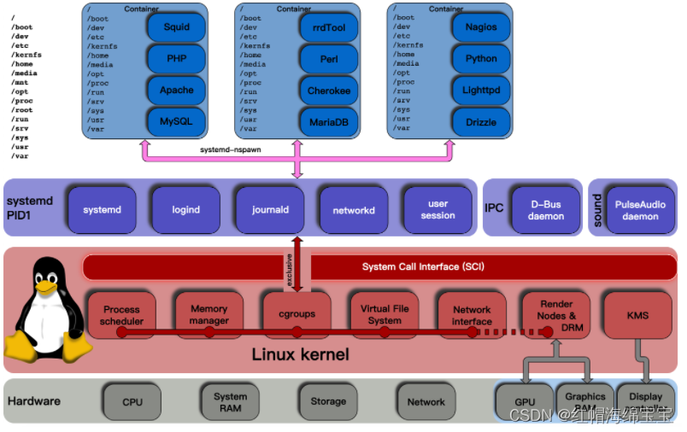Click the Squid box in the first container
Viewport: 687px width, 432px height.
point(177,27)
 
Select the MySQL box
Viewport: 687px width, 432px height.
point(177,122)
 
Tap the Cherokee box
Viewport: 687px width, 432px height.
point(329,90)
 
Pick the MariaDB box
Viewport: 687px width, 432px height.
point(329,122)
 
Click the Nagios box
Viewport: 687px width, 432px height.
point(481,27)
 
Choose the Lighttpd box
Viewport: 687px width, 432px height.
point(481,90)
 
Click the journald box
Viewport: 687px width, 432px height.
point(270,209)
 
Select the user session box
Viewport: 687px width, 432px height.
point(437,209)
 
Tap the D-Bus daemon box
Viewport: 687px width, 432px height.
point(547,209)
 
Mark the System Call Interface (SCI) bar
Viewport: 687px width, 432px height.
point(423,266)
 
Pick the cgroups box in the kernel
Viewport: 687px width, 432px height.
point(297,313)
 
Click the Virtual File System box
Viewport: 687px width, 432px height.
point(385,313)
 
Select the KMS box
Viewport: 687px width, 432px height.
point(637,315)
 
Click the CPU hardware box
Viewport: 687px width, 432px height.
point(132,401)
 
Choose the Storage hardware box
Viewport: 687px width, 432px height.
point(328,401)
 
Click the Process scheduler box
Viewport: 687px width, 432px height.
point(121,315)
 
